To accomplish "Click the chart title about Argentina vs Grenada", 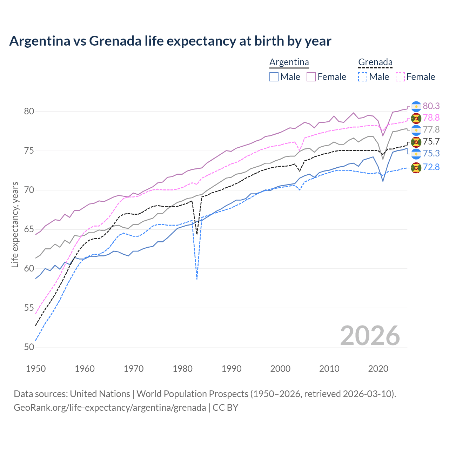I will point(170,41).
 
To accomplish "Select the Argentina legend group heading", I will point(289,62).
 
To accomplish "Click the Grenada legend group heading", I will point(375,62).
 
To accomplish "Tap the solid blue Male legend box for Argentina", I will point(274,77).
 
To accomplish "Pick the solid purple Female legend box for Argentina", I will point(311,77).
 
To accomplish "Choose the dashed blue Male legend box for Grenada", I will point(363,77).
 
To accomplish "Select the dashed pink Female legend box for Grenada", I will point(400,77).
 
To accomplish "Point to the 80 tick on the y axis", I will point(29,112).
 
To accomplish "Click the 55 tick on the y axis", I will point(29,308).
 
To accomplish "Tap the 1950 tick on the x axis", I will point(36,369).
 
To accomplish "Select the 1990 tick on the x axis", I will point(232,369).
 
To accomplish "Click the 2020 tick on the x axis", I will point(378,369).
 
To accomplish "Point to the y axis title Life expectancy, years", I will point(15,224).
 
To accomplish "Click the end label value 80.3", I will point(431,106).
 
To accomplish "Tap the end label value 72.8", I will point(431,167).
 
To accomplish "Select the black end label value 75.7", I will point(431,141).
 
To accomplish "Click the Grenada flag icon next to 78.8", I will point(416,118).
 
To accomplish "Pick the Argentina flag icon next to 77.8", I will point(416,130).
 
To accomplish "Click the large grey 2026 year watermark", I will point(370,336).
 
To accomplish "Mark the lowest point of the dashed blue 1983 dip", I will point(197,279).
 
